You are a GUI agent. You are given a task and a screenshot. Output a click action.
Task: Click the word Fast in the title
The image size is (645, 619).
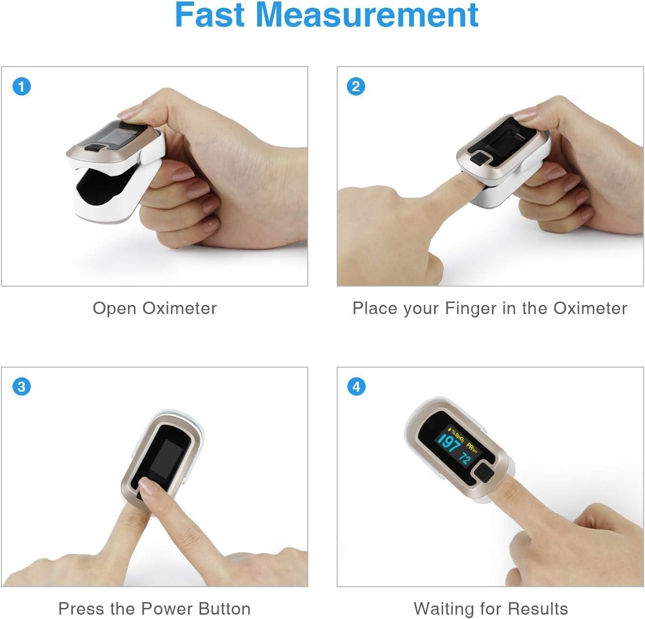coord(209,15)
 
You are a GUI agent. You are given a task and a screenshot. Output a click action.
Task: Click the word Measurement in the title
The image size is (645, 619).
coord(367,15)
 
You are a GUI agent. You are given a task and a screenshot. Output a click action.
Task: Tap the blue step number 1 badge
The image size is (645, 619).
coord(22,86)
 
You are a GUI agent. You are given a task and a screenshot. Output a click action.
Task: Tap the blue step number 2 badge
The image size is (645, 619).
coord(356,86)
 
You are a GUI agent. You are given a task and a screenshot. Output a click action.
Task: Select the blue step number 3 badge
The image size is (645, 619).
coord(22,386)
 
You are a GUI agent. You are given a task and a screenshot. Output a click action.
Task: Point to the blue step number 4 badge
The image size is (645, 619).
coord(357,386)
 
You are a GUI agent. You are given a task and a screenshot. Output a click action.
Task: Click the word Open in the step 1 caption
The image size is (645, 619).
coord(114,309)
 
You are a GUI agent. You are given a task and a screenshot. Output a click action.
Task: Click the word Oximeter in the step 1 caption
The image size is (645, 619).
coord(179,308)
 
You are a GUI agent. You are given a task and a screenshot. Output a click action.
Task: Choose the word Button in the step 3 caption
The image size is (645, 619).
coord(224,609)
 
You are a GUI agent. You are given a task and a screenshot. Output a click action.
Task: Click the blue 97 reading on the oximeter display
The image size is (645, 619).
coord(451,443)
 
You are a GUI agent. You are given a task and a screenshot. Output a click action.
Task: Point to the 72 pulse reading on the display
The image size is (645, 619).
coord(465,458)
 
